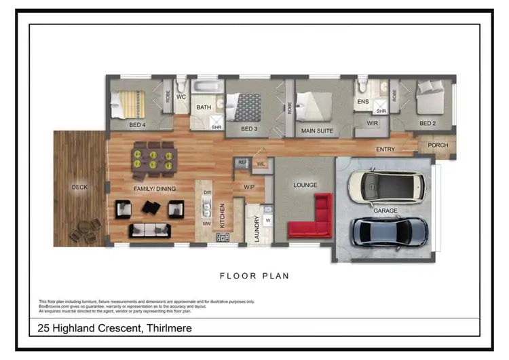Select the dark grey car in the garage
pyautogui.click(x=390, y=231)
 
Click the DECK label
pyautogui.click(x=79, y=187)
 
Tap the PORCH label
pyautogui.click(x=437, y=144)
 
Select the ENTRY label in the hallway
pyautogui.click(x=385, y=149)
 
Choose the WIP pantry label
pyautogui.click(x=250, y=187)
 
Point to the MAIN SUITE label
pyautogui.click(x=317, y=130)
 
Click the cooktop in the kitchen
pyautogui.click(x=223, y=237)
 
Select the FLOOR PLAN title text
pyautogui.click(x=254, y=276)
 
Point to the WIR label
pyautogui.click(x=372, y=123)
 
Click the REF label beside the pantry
pyautogui.click(x=242, y=162)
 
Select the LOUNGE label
pyautogui.click(x=305, y=185)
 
